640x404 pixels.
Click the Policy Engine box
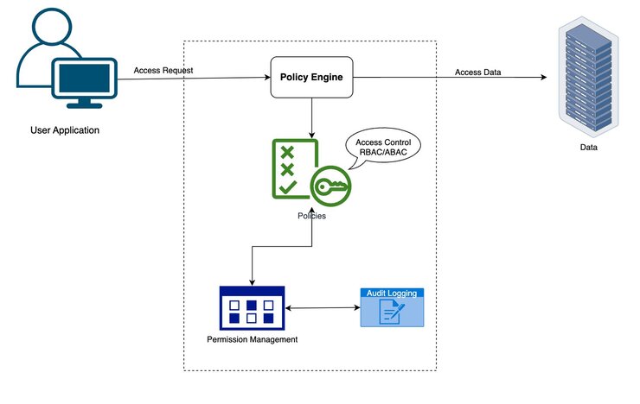click(x=311, y=78)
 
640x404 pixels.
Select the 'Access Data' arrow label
click(x=477, y=72)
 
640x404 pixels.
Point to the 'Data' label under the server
click(x=588, y=148)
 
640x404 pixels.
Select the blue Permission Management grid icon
click(x=252, y=307)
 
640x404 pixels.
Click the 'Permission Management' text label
click(x=253, y=339)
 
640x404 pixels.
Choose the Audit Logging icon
click(x=392, y=307)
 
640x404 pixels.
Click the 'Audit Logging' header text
click(x=392, y=294)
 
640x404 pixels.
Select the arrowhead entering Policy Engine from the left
click(x=266, y=79)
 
